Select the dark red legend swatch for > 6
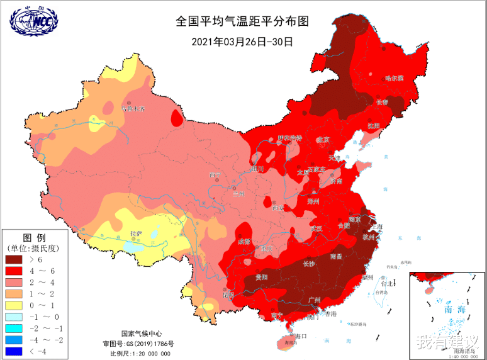click(x=18, y=259)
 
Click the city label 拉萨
click(x=136, y=233)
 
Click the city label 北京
click(x=322, y=139)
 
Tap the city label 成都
click(x=244, y=242)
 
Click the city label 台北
click(x=386, y=284)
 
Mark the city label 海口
click(x=300, y=335)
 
